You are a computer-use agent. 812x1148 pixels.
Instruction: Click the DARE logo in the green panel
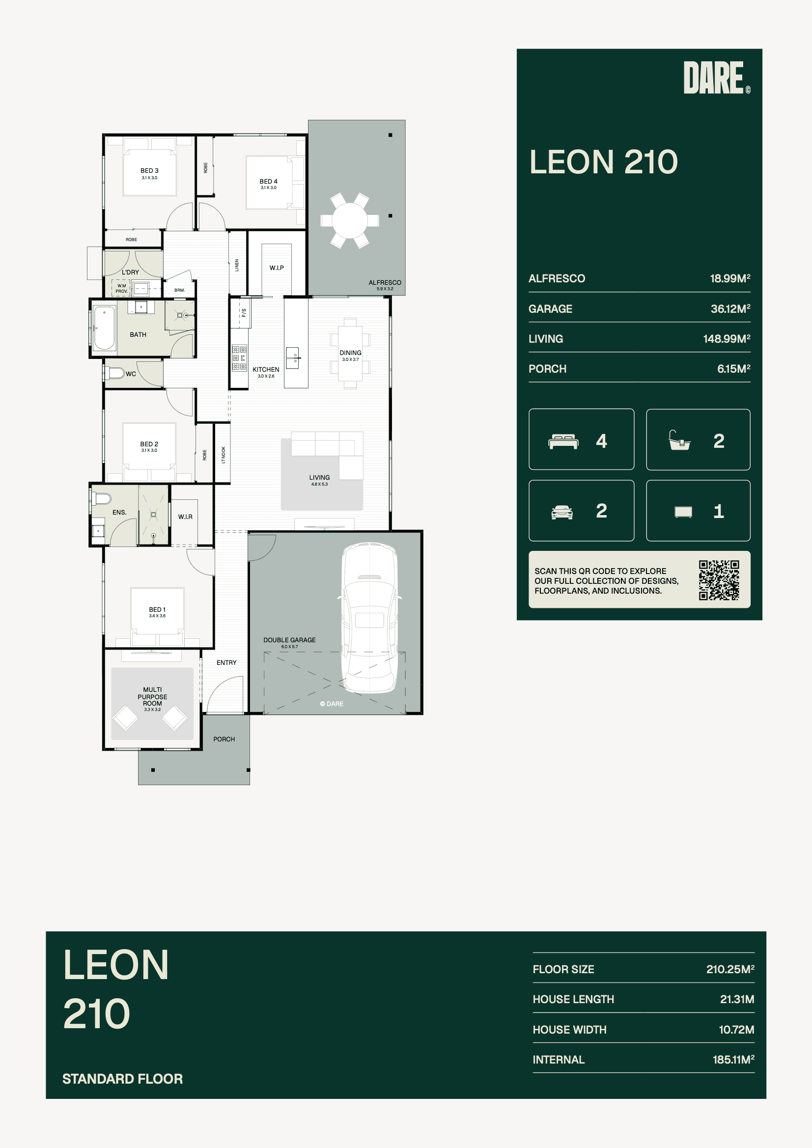[x=716, y=78]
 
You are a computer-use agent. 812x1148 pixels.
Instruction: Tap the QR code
[x=719, y=580]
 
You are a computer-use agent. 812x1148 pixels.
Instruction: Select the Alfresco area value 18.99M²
[x=730, y=278]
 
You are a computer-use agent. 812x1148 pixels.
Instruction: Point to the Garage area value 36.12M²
[x=730, y=309]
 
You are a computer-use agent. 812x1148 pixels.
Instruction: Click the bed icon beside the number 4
[x=563, y=441]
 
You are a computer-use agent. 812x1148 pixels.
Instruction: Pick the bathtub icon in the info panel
[x=679, y=440]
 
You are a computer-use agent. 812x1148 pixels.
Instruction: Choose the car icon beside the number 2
[x=562, y=512]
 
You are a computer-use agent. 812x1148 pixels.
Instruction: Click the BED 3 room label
[x=149, y=170]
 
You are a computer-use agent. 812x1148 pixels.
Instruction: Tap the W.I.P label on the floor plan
[x=277, y=268]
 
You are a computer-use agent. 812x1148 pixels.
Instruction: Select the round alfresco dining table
[x=350, y=220]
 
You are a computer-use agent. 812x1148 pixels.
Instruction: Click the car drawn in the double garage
[x=370, y=618]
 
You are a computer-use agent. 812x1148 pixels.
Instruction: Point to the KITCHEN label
[x=266, y=370]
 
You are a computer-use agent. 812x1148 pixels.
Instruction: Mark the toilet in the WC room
[x=114, y=373]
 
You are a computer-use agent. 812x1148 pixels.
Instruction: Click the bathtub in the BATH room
[x=104, y=328]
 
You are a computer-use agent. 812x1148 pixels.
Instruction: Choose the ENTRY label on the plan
[x=226, y=662]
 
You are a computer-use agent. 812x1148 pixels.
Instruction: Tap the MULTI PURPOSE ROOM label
[x=152, y=696]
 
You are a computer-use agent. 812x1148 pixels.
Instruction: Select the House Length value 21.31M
[x=737, y=999]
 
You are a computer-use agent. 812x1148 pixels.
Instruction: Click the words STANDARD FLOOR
[x=123, y=1078]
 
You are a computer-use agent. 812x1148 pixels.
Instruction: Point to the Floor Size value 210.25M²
[x=730, y=969]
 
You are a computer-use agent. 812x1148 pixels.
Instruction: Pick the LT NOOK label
[x=223, y=455]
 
